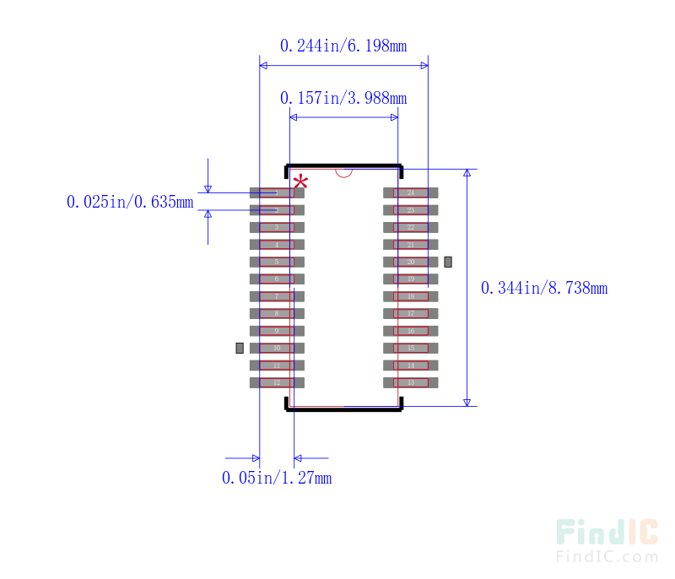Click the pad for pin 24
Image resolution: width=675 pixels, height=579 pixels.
(x=411, y=192)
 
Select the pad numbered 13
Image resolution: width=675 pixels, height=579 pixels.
(x=411, y=382)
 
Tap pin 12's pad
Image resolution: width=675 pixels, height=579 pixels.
(x=276, y=382)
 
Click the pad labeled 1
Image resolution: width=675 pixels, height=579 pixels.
(x=276, y=192)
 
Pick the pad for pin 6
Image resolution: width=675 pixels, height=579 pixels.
(x=276, y=279)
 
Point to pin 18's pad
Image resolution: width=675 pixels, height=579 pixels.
(x=411, y=296)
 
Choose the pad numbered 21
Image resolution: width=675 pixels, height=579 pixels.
(x=411, y=245)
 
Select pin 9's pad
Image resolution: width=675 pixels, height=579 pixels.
(x=276, y=331)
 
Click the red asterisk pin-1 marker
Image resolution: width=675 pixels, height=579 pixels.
(x=300, y=182)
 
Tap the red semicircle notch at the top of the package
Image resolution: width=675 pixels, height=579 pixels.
(x=343, y=172)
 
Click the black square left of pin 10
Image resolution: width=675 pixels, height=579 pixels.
(x=240, y=348)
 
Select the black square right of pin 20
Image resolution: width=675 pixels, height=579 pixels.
(x=448, y=262)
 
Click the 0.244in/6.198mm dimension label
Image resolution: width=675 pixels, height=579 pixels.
(x=343, y=46)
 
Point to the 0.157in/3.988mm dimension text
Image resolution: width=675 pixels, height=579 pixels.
(x=343, y=98)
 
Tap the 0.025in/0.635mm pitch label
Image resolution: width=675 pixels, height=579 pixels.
(x=131, y=202)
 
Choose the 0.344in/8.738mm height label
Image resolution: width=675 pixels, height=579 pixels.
(x=544, y=288)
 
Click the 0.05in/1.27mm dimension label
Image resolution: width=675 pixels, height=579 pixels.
(x=277, y=478)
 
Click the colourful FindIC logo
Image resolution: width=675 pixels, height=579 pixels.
(x=607, y=532)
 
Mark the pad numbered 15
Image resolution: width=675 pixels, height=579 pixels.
(x=411, y=348)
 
